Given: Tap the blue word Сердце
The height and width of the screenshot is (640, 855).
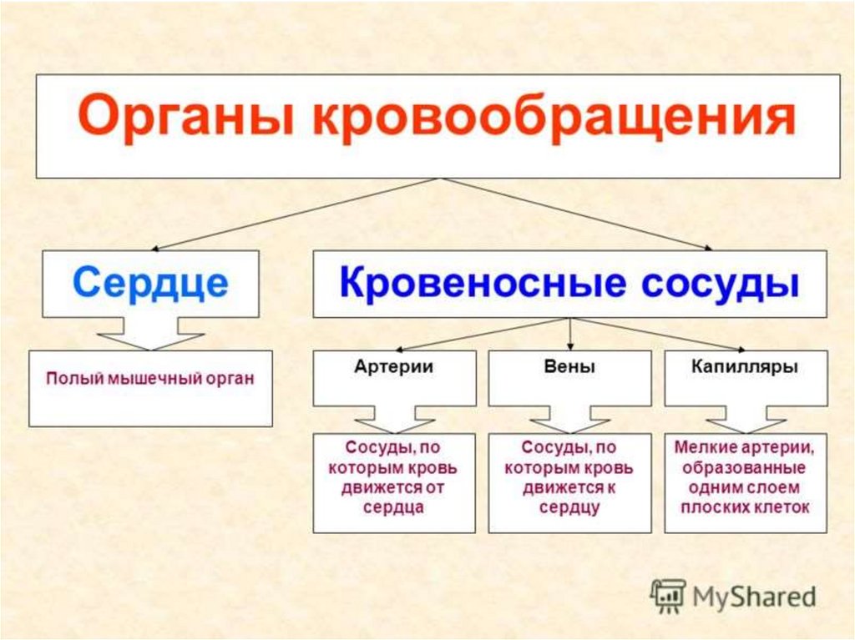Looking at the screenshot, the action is (x=150, y=284).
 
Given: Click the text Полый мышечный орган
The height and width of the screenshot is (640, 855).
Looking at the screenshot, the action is (x=149, y=378).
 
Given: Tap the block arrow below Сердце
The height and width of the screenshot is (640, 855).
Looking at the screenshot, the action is (x=150, y=334).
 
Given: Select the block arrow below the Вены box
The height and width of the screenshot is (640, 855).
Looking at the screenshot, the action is (x=569, y=416).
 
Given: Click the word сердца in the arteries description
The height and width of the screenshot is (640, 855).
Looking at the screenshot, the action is (x=393, y=506).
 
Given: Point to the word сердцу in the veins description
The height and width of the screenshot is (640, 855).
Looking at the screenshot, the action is (x=569, y=506).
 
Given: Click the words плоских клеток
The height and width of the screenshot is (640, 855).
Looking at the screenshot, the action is (x=745, y=506).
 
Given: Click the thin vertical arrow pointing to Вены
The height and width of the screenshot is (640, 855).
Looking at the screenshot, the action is (x=569, y=334).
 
